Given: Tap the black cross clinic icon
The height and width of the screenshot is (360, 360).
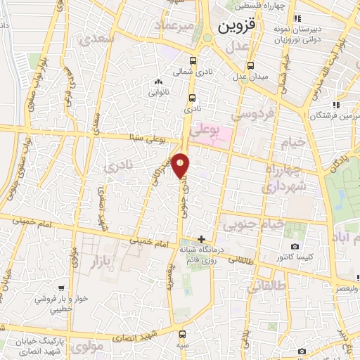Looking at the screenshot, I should (202, 239).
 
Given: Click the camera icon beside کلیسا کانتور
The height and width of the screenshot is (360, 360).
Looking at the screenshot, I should (294, 247).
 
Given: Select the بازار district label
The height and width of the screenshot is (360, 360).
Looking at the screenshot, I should (103, 262).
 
